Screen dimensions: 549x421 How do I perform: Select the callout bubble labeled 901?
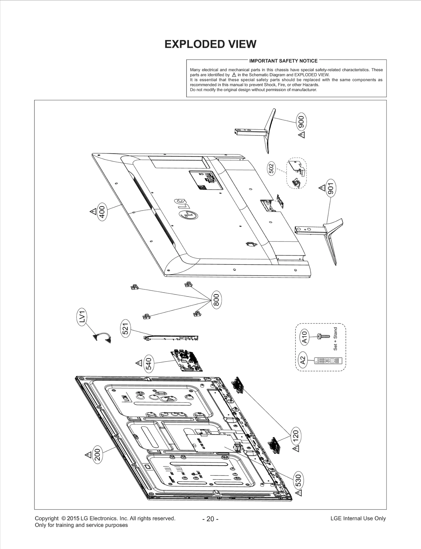(331, 188)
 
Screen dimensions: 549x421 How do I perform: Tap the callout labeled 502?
(272, 169)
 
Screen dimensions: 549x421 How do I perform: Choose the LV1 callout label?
(82, 317)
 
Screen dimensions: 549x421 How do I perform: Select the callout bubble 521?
(126, 329)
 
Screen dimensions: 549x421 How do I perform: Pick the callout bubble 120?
(296, 436)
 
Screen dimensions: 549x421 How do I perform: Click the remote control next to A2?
(328, 361)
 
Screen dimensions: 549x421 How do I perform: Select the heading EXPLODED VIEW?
(210, 44)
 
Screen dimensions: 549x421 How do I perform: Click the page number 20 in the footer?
(210, 519)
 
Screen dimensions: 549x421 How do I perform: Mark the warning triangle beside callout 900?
(302, 135)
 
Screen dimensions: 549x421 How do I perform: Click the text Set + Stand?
(335, 339)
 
